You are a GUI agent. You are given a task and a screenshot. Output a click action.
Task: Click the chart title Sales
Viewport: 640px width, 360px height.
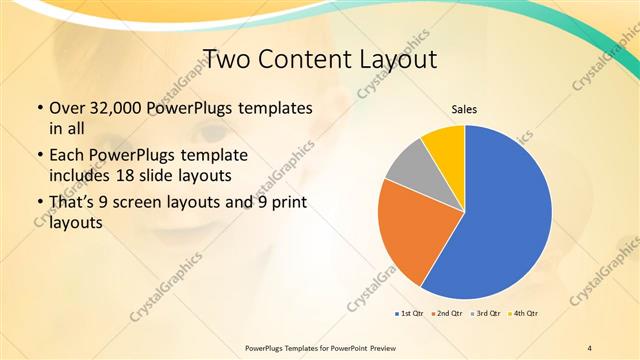click(464, 109)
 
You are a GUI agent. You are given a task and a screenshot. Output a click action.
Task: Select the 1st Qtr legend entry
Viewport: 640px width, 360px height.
click(410, 314)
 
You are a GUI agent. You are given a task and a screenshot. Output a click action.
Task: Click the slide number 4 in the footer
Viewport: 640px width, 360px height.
click(590, 347)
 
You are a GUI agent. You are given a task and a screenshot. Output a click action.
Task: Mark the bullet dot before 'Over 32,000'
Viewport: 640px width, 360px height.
click(39, 108)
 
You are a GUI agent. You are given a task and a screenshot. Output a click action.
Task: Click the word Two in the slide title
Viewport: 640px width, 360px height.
click(227, 59)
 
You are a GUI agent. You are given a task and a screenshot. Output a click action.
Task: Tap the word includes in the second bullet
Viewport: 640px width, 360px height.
click(79, 174)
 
